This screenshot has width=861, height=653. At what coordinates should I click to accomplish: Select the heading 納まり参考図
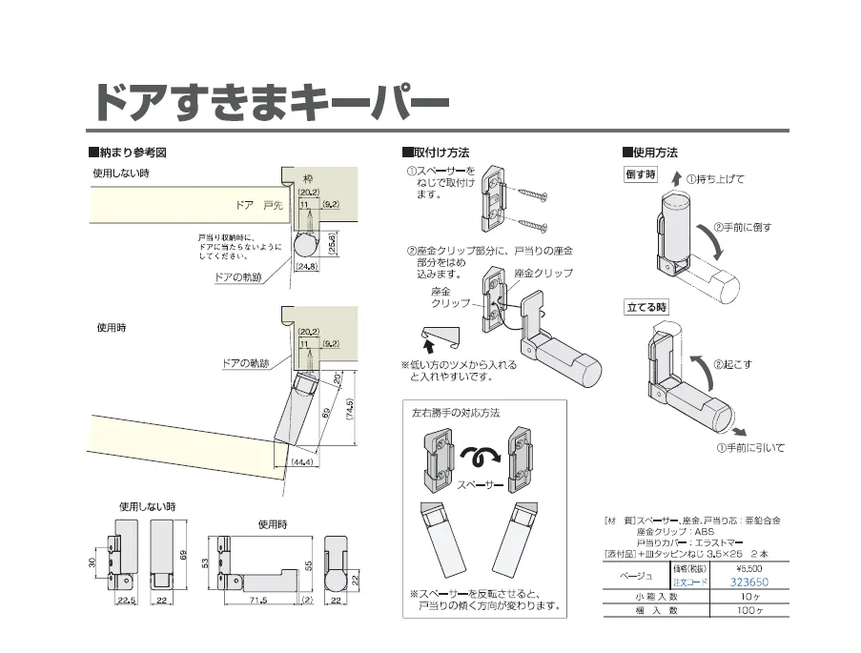tap(133, 153)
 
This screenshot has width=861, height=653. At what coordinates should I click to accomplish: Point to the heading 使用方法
tap(655, 153)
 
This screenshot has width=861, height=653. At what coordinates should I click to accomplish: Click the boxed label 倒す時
tap(641, 174)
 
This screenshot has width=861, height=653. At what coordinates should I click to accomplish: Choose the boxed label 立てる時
tap(646, 308)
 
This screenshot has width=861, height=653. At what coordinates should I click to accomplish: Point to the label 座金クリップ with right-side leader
tap(543, 274)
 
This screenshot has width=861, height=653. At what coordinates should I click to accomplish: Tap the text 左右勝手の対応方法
tap(455, 413)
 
